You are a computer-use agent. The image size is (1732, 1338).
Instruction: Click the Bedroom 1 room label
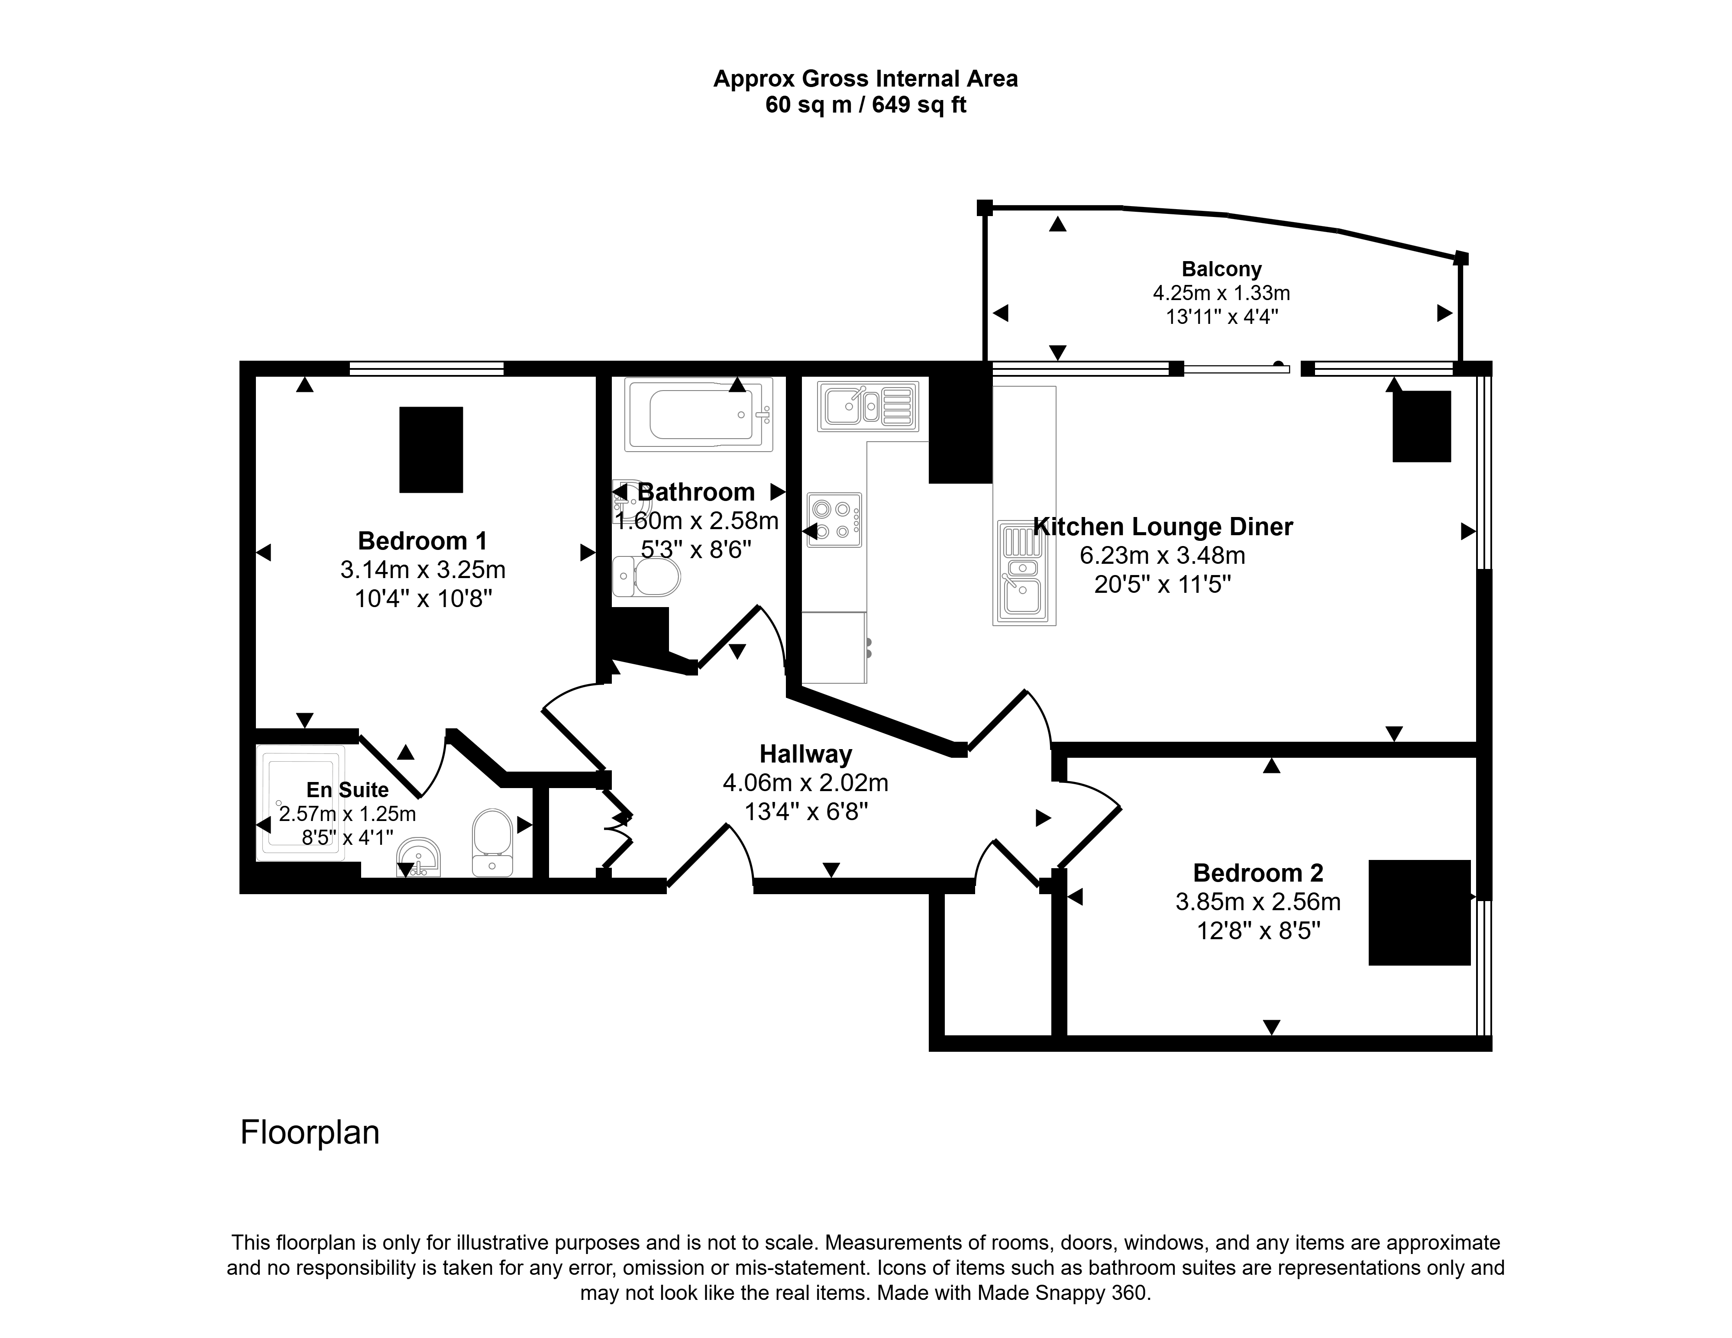coord(423,541)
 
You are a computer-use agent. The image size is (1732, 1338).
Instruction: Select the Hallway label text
coord(806,754)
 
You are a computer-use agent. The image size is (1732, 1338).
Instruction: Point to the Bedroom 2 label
coord(1259,873)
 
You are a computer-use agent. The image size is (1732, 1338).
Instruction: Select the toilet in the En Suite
coord(492,842)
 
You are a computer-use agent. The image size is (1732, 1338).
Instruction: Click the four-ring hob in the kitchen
coord(834,520)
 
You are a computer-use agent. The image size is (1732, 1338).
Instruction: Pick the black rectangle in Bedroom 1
coord(431,450)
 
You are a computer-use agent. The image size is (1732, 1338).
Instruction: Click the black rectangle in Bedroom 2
coord(1419,913)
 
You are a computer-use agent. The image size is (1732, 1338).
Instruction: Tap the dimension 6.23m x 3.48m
coord(1163,555)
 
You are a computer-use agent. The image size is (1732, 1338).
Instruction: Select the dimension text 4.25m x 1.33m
coord(1221,293)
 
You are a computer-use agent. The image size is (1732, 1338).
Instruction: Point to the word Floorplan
coord(310,1133)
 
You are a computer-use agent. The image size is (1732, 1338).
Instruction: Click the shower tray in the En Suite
coord(301,803)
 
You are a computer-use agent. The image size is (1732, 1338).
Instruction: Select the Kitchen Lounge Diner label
coord(1163,527)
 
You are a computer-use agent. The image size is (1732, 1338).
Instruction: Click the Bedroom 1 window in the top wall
coord(427,368)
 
